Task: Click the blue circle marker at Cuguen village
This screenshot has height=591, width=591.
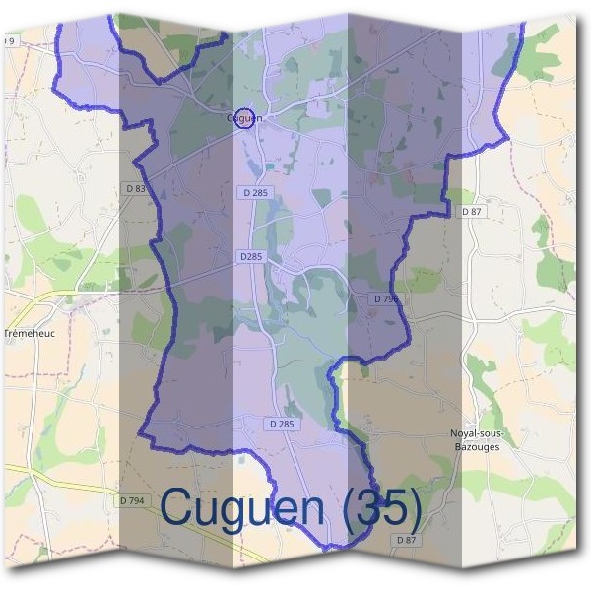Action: click(245, 119)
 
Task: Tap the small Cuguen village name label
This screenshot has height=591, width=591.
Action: click(242, 118)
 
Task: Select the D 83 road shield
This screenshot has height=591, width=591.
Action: click(136, 188)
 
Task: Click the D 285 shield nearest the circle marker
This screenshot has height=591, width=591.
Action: click(253, 192)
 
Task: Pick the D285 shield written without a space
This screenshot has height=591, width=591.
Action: click(252, 256)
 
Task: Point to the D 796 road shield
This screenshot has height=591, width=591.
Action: click(386, 297)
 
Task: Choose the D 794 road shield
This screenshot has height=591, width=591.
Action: click(132, 501)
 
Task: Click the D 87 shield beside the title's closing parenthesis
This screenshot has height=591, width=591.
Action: click(407, 540)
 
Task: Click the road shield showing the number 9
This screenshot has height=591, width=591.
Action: click(10, 40)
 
